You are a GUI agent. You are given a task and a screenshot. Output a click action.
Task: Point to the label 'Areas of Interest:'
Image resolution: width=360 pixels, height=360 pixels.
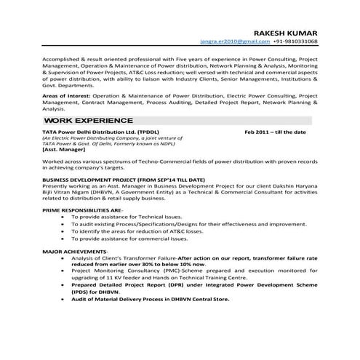pyautogui.click(x=68, y=95)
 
